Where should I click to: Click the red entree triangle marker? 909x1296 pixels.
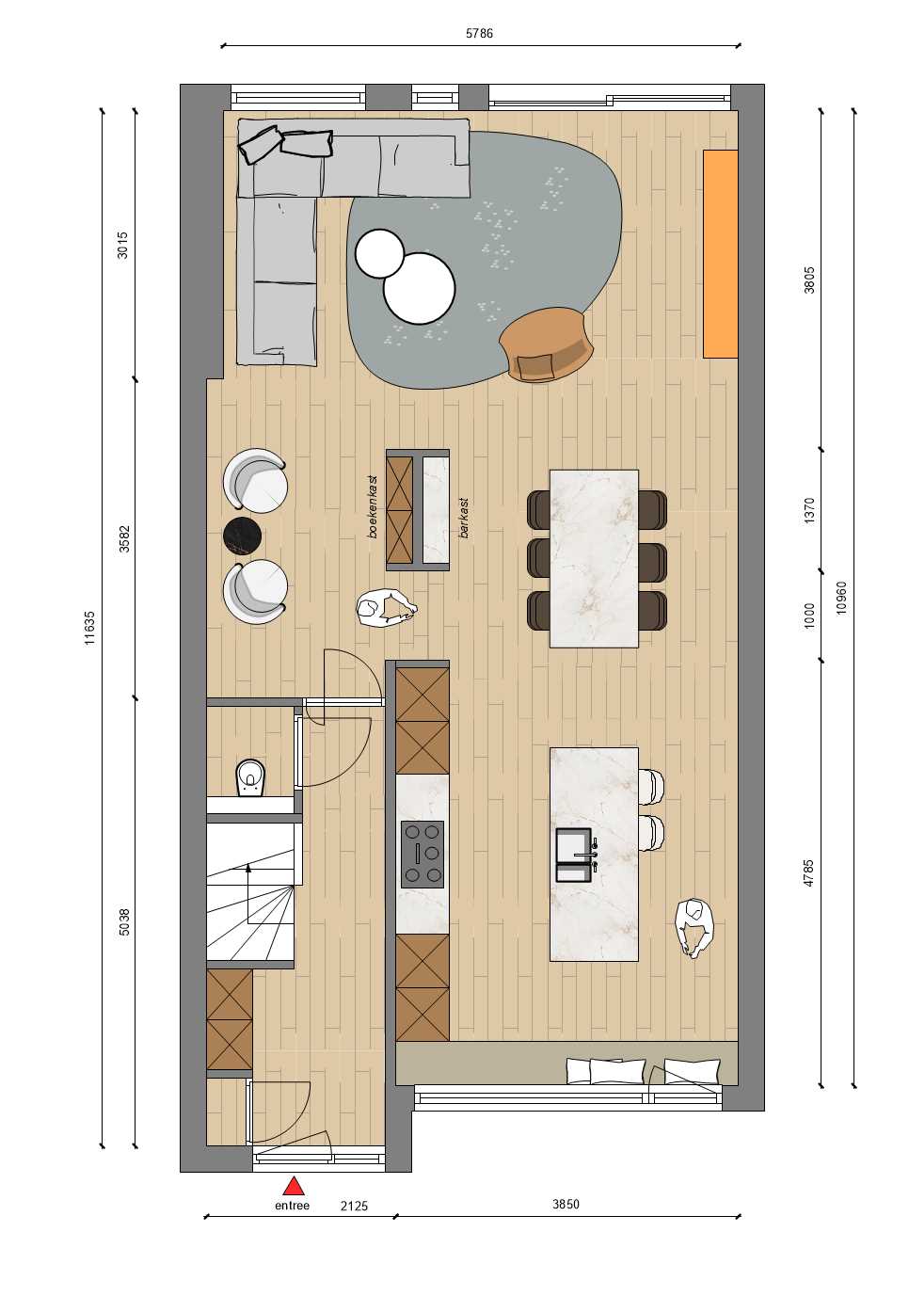point(294,1185)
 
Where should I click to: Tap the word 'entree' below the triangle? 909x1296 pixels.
point(292,1206)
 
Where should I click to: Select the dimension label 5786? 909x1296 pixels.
point(479,34)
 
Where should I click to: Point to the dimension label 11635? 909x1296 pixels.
point(90,628)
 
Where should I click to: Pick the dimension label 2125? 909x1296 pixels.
point(354,1207)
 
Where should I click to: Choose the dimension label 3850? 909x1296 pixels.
point(566,1204)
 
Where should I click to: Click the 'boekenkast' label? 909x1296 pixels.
point(373,507)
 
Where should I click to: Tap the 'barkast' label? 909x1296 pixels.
point(463,518)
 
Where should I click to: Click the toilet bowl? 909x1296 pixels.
point(250,776)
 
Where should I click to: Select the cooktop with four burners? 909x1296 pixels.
point(423,854)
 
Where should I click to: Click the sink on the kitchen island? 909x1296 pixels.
point(574,855)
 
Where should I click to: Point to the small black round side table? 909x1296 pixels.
point(243,536)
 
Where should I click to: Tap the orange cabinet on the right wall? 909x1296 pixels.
point(721,254)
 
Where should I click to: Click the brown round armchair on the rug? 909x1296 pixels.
point(547,344)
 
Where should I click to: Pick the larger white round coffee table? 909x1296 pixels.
point(420,288)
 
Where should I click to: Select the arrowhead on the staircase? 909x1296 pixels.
point(248,867)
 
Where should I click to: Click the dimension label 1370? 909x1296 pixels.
point(809,510)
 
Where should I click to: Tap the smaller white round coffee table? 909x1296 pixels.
point(379,253)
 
